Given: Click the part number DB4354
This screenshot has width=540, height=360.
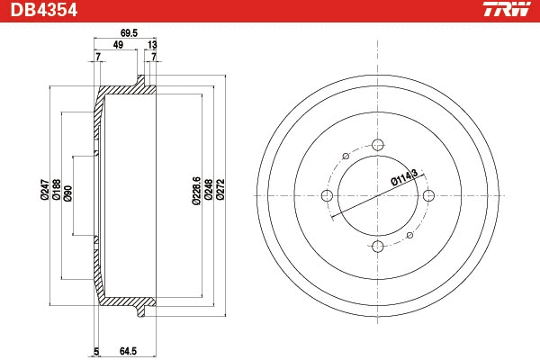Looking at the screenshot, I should [42, 10].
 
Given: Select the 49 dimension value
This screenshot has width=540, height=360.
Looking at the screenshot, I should [118, 45].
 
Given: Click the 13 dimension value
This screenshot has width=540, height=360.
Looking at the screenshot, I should [151, 45].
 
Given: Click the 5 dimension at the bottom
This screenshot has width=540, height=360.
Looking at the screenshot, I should [95, 351].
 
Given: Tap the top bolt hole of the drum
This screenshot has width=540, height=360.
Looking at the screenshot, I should [378, 144].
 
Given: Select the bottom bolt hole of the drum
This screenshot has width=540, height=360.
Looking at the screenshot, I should [378, 247].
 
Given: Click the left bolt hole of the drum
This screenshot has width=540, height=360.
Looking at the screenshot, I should [327, 195].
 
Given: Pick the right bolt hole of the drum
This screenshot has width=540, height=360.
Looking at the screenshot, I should [429, 195].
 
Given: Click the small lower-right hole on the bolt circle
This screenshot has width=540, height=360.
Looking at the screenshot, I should [409, 234].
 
